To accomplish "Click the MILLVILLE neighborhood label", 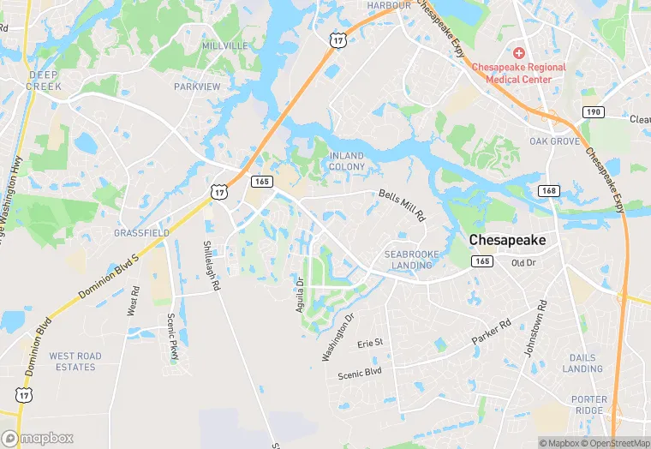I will (x=225, y=45).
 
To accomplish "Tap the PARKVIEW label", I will (x=197, y=87).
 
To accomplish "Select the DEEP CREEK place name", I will (x=44, y=81).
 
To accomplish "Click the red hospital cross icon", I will (x=519, y=53).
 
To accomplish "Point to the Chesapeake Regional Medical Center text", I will (x=526, y=73).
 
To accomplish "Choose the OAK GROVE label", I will (x=554, y=141).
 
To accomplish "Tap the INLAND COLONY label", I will (x=347, y=160).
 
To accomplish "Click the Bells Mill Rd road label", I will (x=402, y=206).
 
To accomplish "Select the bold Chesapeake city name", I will (x=507, y=241).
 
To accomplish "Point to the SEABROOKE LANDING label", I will (x=411, y=260).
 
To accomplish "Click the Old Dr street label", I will (x=523, y=262).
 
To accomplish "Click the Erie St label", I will (x=370, y=343).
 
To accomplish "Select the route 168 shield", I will (x=548, y=190).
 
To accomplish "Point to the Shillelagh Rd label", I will (x=212, y=266).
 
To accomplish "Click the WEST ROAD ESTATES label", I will (x=75, y=362).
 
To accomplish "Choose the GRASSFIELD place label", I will (x=141, y=232).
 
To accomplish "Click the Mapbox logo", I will (x=38, y=438).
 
